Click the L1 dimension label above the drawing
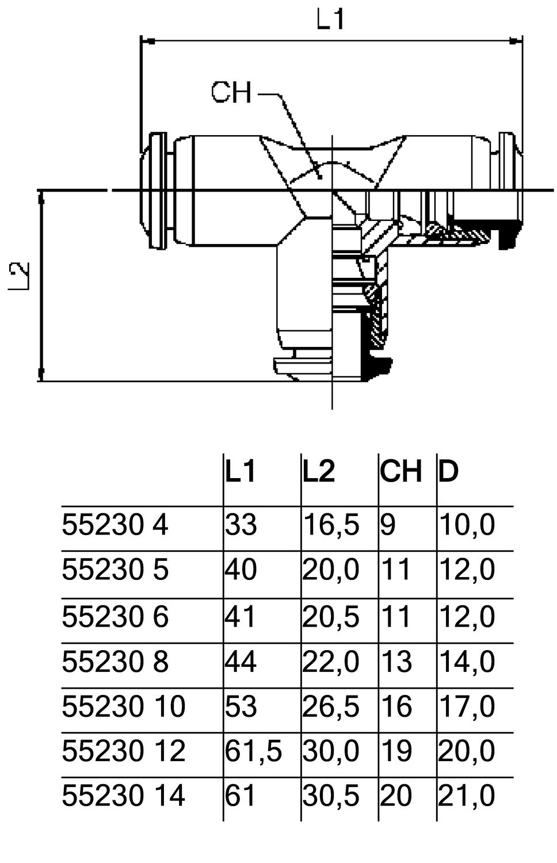pos(330,20)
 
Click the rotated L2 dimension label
pos(20,277)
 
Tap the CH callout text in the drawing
pos(231,92)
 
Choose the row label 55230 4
pos(115,525)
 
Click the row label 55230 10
pos(123,706)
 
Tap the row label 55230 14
pos(123,796)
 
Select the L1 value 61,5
pos(253,751)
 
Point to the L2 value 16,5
pos(331,525)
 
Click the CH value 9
pos(388,525)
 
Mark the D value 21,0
pos(466,796)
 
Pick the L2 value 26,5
pos(331,706)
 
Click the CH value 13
pos(396,661)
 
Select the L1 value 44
pos(241,661)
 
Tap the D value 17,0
pos(466,706)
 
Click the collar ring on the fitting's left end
pos(158,190)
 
